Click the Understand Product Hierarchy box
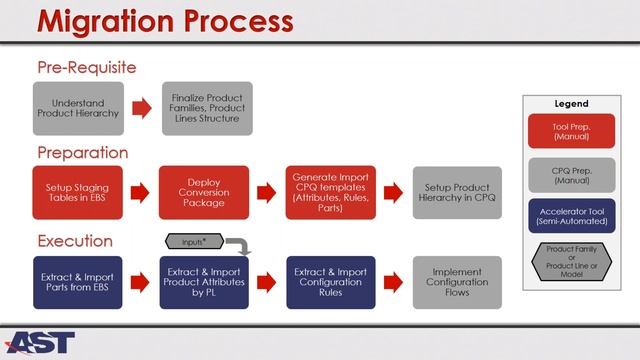click(78, 108)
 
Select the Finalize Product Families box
click(204, 108)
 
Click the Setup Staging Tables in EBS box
click(78, 192)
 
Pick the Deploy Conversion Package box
click(204, 192)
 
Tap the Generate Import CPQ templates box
click(331, 192)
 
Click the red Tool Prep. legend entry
click(571, 133)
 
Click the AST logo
click(40, 341)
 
